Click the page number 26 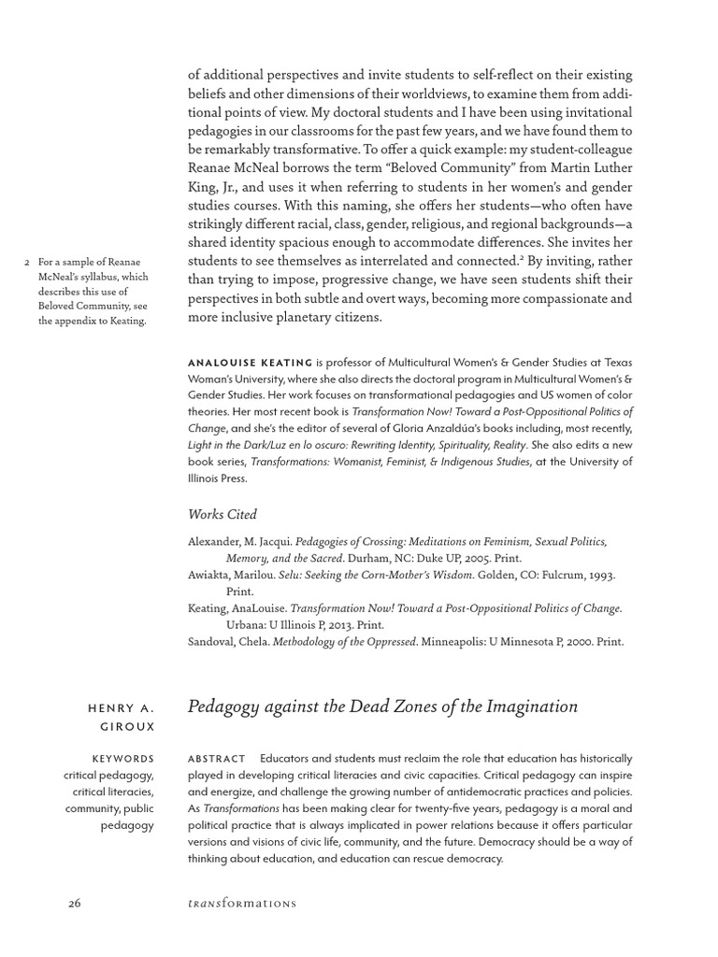pos(75,903)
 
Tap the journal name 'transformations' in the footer pos(242,903)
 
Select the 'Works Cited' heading pos(222,514)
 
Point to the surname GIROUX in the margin pos(132,726)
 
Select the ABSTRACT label pos(216,759)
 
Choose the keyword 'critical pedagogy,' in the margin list pos(108,776)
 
